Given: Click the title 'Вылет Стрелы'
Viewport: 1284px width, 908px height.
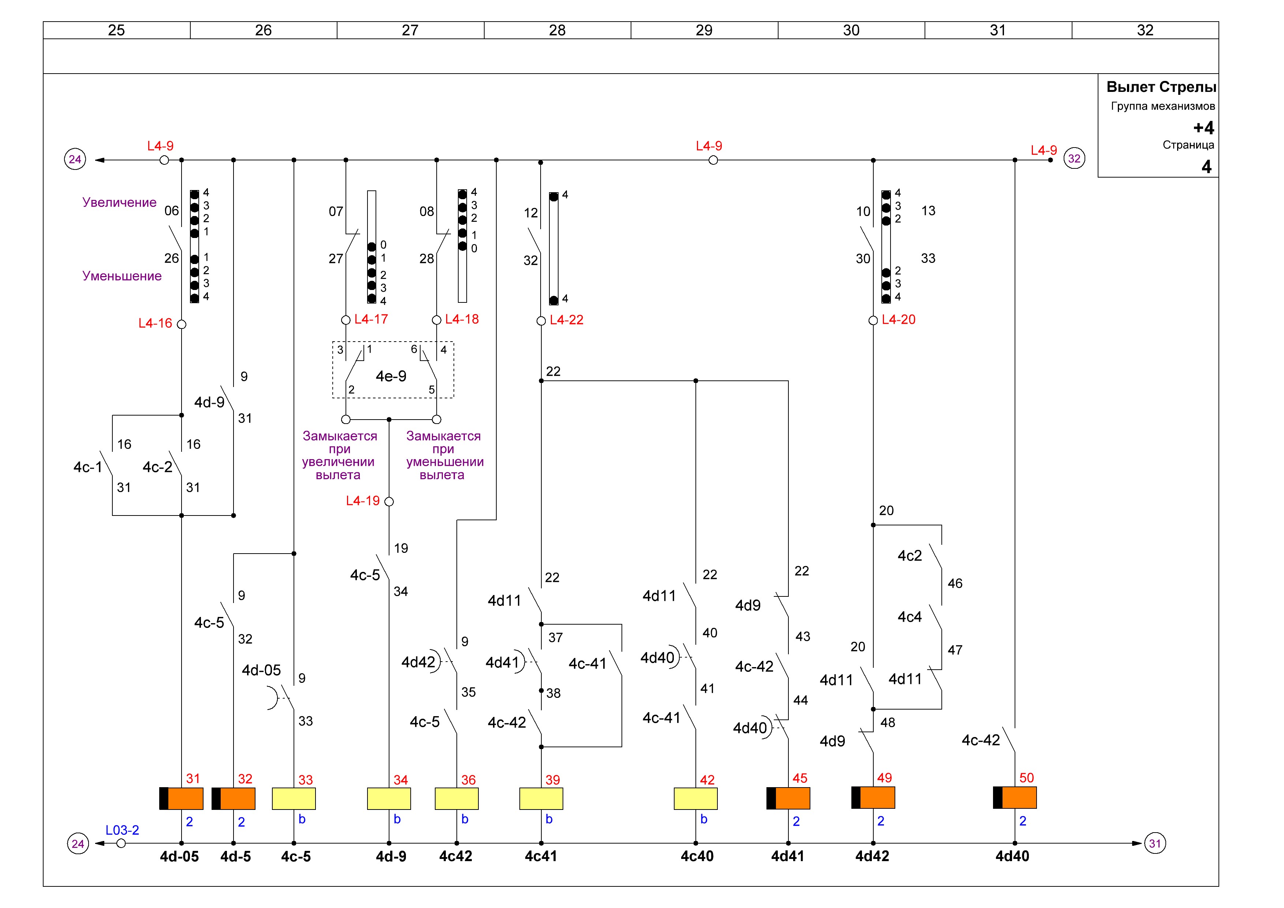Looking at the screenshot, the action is tap(1161, 87).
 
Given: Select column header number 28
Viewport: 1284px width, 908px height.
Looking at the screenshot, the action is tap(557, 30).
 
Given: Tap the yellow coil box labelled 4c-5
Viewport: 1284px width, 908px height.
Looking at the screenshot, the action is tap(294, 799).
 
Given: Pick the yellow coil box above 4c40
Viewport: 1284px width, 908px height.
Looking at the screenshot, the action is tap(696, 799).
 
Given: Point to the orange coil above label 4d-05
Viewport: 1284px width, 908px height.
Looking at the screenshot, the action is tap(181, 799).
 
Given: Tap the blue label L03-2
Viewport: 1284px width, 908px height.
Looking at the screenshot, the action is tap(123, 830).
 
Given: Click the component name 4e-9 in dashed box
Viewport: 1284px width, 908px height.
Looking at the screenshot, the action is tap(391, 376).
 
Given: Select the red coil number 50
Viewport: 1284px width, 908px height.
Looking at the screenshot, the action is tap(1027, 778).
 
